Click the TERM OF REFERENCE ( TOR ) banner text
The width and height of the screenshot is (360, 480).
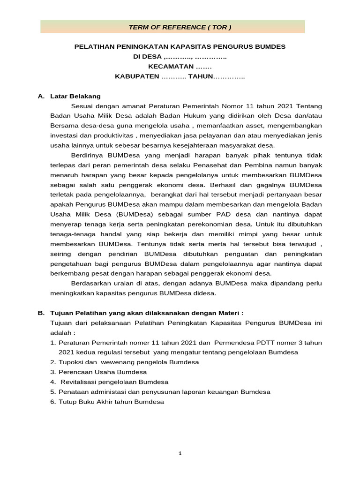180,27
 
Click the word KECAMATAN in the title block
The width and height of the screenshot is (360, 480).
168,67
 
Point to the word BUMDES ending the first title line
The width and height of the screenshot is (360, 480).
269,47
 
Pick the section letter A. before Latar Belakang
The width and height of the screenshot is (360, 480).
42,96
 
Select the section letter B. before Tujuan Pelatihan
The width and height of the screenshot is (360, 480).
42,313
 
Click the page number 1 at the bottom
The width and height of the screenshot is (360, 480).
180,453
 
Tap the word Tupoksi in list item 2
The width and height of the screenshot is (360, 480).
71,362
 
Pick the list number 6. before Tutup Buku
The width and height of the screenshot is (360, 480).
53,402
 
